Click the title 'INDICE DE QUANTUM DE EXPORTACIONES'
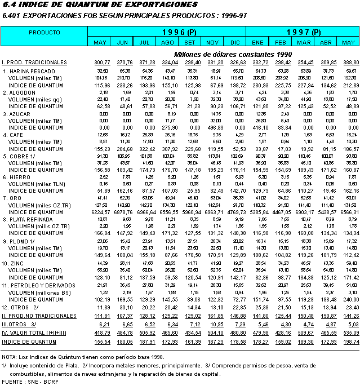click(108, 5)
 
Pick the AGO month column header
click(167, 43)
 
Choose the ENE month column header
click(259, 43)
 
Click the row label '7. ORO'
click(13, 198)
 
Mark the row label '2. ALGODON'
click(19, 92)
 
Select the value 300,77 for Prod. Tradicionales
click(102, 62)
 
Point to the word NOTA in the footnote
click(9, 357)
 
